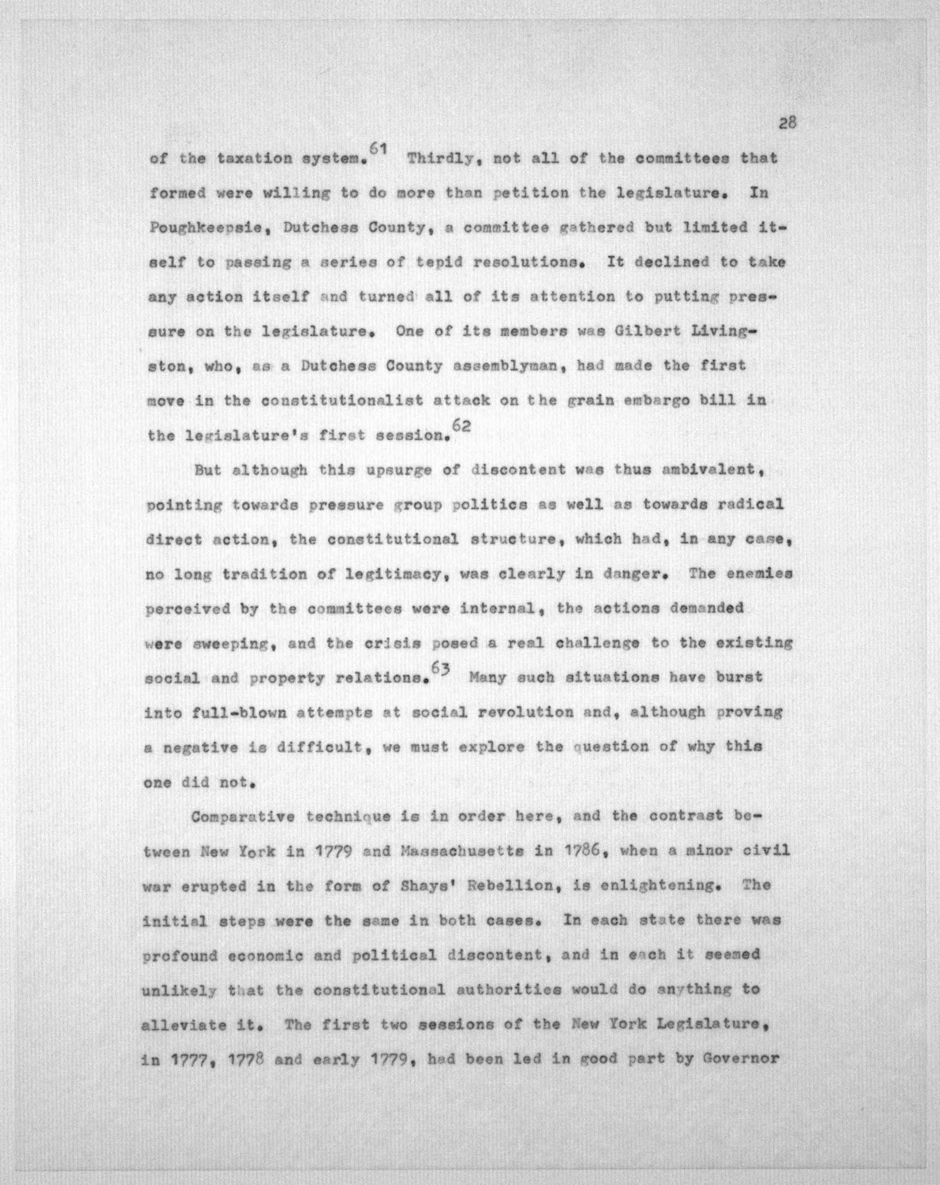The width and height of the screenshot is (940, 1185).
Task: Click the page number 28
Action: pyautogui.click(x=787, y=123)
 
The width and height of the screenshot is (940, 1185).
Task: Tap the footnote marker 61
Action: pyautogui.click(x=379, y=148)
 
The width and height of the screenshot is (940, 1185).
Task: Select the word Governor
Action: pyautogui.click(x=741, y=1059)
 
